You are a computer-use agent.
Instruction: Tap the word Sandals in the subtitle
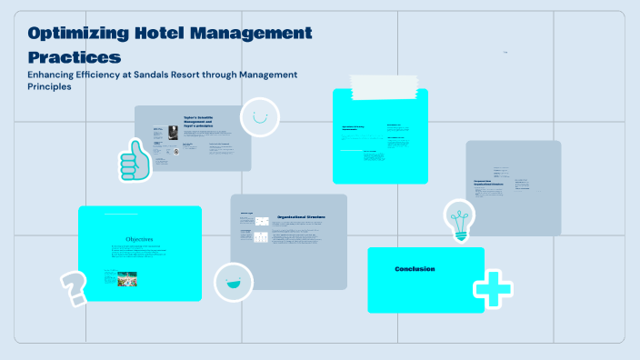tap(167, 75)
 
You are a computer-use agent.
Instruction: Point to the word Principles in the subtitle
tap(49, 87)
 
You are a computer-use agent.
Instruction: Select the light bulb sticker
tap(459, 220)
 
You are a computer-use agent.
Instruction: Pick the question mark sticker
tap(73, 287)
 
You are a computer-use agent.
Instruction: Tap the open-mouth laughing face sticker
tap(234, 282)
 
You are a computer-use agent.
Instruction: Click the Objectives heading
tap(139, 239)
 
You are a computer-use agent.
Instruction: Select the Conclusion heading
tap(415, 269)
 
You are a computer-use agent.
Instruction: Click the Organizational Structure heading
tap(301, 217)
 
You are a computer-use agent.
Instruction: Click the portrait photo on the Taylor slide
tap(173, 132)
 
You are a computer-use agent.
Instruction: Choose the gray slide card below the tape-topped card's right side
tap(513, 186)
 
